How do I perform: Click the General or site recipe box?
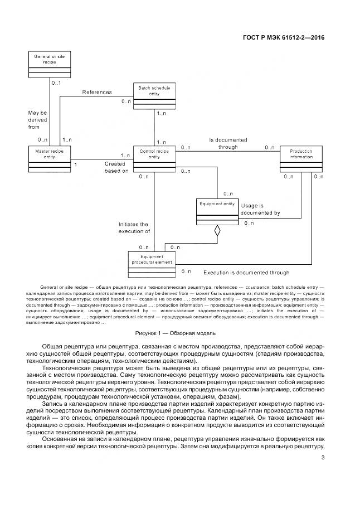[x=49, y=66]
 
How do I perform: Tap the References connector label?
[x=97, y=93]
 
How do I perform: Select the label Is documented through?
[x=228, y=143]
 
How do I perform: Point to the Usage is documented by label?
[x=260, y=210]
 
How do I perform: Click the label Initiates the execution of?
[x=134, y=227]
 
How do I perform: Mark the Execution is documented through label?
[x=246, y=273]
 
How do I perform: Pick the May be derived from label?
[x=38, y=120]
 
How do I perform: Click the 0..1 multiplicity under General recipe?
[x=56, y=83]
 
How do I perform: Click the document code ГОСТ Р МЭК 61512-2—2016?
[x=284, y=38]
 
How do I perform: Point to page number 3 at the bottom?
[x=323, y=458]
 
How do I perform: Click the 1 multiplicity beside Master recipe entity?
[x=75, y=165]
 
